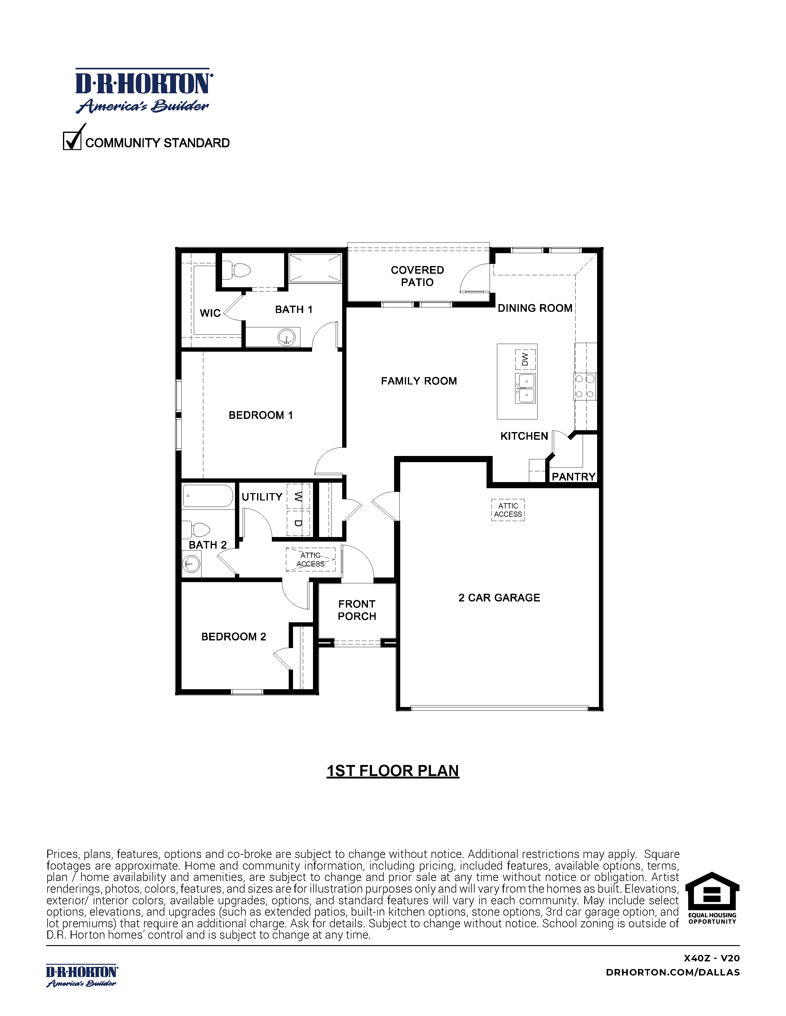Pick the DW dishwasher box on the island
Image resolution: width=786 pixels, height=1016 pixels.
coord(525,359)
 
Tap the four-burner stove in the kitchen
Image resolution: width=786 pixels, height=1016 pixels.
coord(585,386)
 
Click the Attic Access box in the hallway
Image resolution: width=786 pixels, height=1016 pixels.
coord(311,560)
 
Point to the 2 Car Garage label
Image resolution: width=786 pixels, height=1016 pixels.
coord(499,598)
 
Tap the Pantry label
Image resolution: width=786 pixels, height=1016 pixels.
coord(573,477)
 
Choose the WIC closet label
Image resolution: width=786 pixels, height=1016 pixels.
coord(210,313)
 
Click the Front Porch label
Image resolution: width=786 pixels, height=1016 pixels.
coord(357,610)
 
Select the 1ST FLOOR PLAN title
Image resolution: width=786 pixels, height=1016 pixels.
coord(393,771)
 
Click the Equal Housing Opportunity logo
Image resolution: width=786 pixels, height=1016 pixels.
coord(712,898)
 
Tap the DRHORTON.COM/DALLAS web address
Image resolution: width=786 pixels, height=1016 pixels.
coord(672,972)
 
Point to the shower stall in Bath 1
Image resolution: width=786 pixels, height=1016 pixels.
coord(315,268)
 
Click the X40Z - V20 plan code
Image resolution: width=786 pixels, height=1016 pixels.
coord(711,958)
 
